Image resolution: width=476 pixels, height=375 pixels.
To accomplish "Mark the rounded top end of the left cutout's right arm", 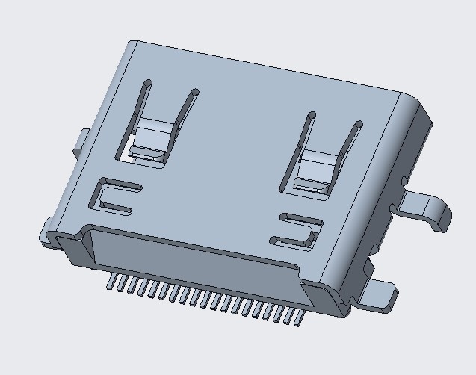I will click(x=195, y=93).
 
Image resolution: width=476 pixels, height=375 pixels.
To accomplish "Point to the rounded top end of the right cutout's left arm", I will click(x=309, y=116).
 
